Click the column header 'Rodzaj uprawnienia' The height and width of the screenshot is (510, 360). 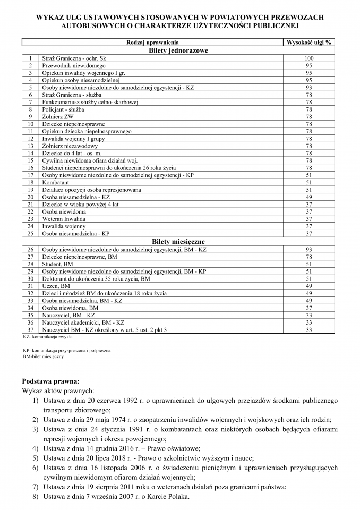click(152, 42)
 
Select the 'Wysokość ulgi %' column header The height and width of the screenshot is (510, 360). click(308, 42)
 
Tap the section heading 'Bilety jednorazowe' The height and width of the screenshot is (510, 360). click(178, 50)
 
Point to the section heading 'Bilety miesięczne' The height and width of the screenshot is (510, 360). click(178, 241)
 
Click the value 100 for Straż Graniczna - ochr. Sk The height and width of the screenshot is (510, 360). click(309, 58)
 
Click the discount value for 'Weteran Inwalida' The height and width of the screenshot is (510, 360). click(309, 219)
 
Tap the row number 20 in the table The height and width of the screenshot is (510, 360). click(31, 197)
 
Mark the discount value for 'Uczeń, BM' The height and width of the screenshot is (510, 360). click(309, 286)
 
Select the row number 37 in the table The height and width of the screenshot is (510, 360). click(31, 330)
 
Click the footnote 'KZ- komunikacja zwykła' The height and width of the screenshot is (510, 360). click(48, 337)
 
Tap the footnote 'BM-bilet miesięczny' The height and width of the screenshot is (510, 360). click(43, 357)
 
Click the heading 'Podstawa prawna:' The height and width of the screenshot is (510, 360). click(50, 381)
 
